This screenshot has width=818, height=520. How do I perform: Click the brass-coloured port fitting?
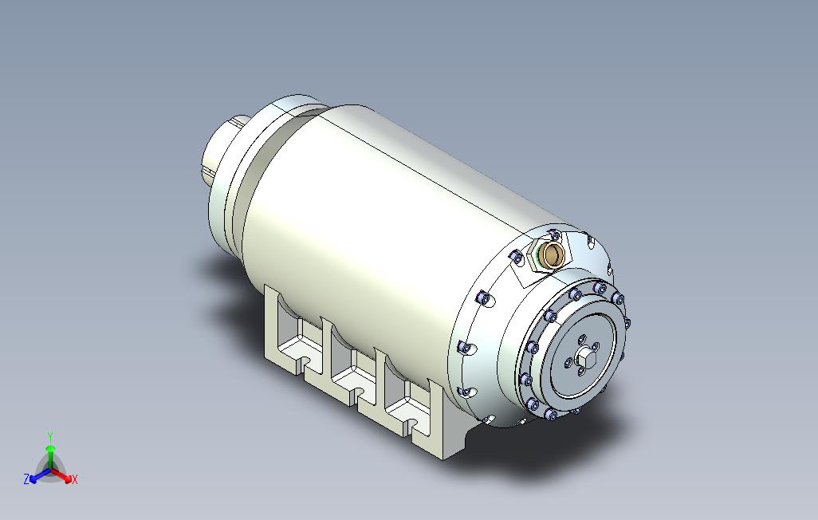[553, 253]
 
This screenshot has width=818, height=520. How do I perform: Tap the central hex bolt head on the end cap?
[583, 359]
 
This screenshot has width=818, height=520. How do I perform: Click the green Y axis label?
[50, 436]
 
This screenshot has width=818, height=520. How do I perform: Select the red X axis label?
[75, 479]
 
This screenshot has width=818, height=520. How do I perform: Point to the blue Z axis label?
[26, 479]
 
